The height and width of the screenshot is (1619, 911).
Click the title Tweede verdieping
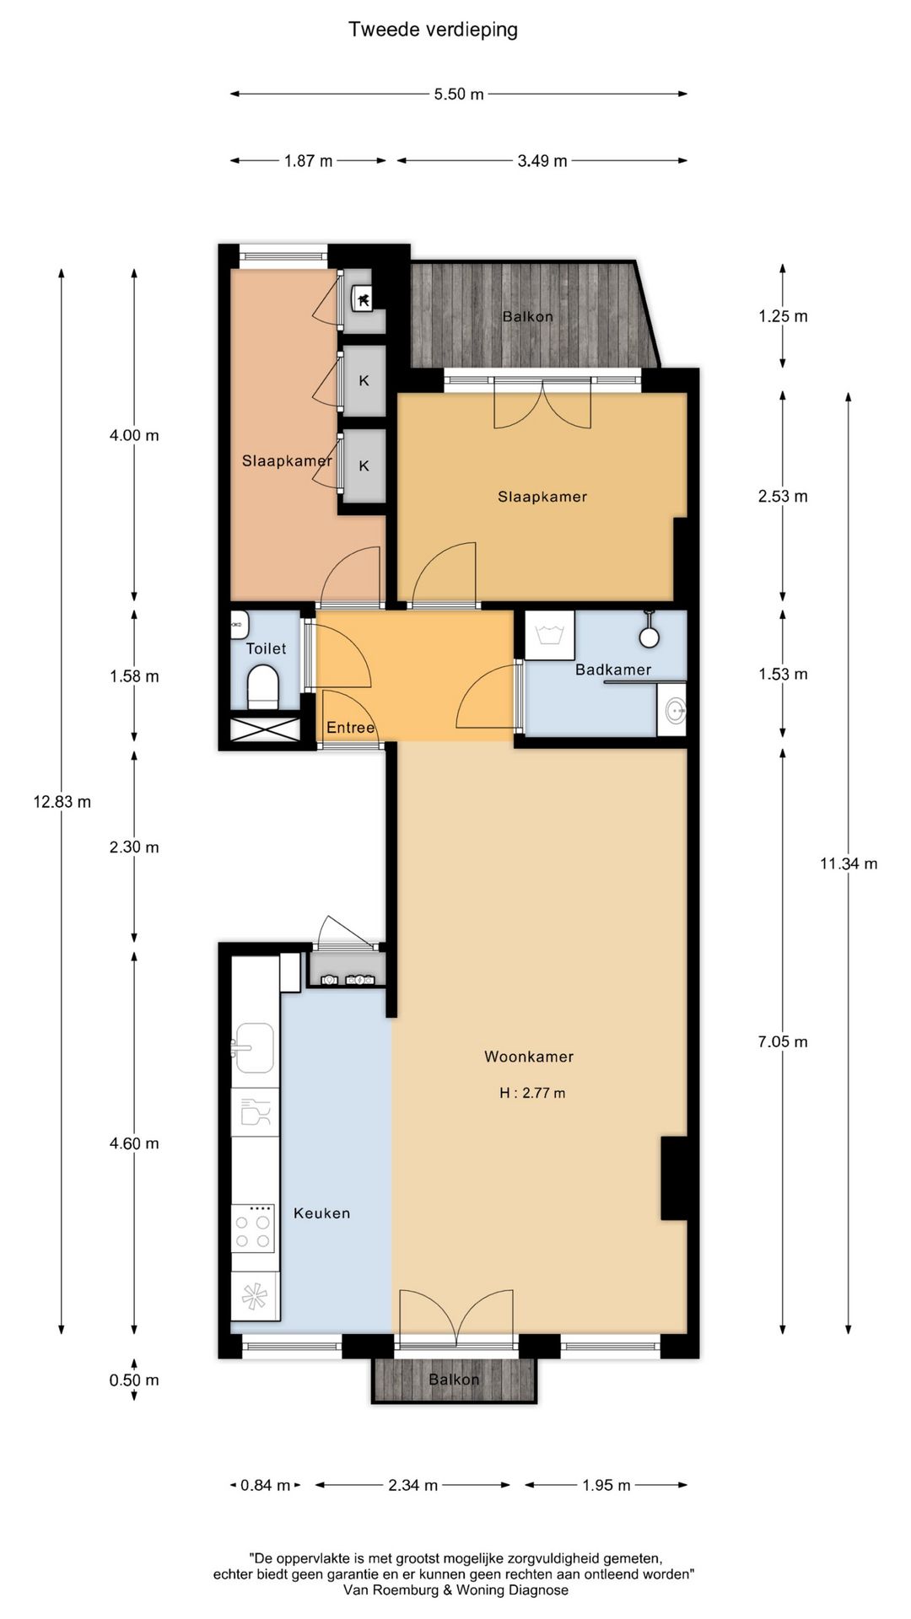(433, 30)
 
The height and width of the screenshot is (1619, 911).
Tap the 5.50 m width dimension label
(459, 94)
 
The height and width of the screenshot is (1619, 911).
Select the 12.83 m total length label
(62, 802)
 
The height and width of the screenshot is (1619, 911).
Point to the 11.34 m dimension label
(849, 863)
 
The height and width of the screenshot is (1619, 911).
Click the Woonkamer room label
(529, 1057)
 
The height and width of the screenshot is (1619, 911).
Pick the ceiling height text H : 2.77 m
(532, 1093)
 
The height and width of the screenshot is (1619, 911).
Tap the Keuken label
(321, 1213)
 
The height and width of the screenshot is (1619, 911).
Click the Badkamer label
(613, 670)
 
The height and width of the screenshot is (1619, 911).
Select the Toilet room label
(266, 648)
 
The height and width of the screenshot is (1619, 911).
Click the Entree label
(350, 728)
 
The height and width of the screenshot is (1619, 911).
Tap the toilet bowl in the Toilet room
(263, 686)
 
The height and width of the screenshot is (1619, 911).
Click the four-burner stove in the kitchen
(254, 1227)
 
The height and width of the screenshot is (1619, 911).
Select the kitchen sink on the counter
(253, 1048)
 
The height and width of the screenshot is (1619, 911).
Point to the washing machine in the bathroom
(549, 635)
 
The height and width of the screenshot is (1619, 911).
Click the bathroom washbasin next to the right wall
(672, 709)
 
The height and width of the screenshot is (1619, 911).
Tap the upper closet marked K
(364, 380)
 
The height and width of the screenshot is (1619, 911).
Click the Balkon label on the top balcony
(528, 317)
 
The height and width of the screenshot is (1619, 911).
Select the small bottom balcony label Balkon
(454, 1380)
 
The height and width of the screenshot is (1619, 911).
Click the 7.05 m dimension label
(783, 1041)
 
